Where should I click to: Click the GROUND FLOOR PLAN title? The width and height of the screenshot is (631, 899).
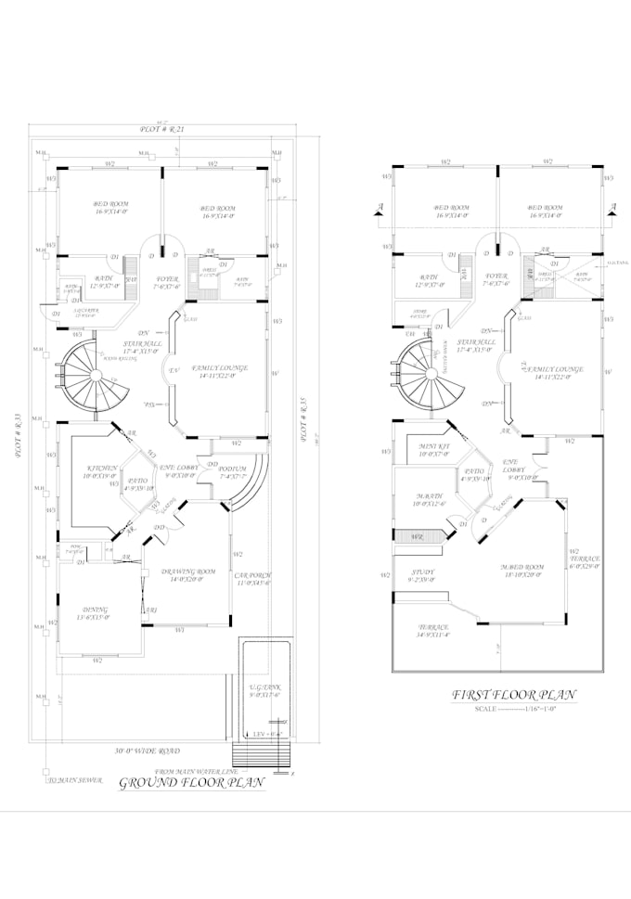(193, 783)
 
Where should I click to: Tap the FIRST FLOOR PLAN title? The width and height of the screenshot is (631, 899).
(513, 694)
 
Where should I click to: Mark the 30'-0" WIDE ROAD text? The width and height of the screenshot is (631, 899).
(148, 750)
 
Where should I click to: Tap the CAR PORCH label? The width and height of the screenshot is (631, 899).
(252, 577)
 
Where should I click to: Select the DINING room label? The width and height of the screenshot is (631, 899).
(94, 610)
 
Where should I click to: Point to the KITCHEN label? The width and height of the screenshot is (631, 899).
(101, 469)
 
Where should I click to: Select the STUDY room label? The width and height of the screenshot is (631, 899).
(421, 572)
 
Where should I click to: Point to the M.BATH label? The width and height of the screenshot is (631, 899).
(428, 497)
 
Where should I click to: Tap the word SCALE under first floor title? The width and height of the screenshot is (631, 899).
(487, 709)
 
